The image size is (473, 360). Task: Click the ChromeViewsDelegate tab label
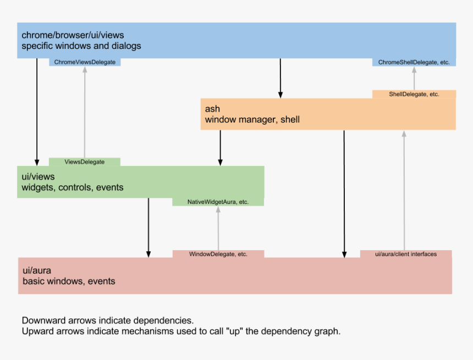tap(85, 62)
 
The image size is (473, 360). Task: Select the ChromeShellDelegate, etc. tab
tap(414, 62)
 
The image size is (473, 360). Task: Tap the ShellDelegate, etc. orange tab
tap(414, 94)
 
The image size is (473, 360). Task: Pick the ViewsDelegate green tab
tap(85, 162)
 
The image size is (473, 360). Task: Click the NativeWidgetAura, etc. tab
tap(218, 202)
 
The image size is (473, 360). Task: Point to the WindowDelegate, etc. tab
tap(218, 254)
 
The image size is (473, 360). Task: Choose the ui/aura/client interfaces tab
tap(406, 254)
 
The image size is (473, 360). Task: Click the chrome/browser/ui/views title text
tap(73, 35)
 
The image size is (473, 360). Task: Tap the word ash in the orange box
tap(212, 109)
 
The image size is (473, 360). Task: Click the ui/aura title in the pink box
tap(37, 270)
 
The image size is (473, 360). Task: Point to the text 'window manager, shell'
tap(252, 120)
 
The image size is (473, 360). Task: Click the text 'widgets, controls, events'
tap(73, 187)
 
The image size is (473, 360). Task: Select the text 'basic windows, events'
tap(69, 281)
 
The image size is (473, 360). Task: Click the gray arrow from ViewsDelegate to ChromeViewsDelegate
tap(85, 112)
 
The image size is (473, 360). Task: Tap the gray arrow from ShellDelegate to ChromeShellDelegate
tap(414, 78)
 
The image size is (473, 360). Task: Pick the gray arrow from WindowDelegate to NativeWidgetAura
tap(218, 228)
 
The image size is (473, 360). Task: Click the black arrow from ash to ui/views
tap(220, 148)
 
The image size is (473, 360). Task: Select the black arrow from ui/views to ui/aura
tap(148, 228)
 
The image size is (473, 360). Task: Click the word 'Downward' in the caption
tap(44, 320)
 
